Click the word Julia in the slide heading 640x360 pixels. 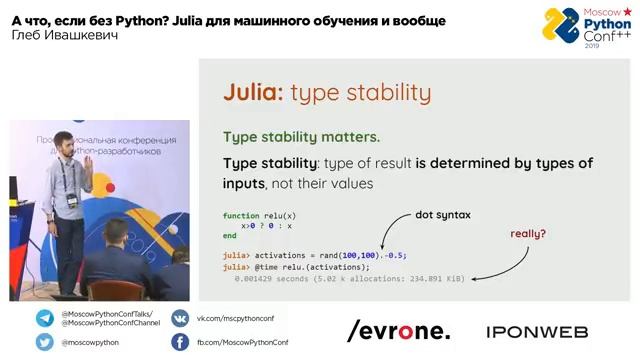click(253, 93)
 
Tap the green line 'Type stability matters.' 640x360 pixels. click(301, 137)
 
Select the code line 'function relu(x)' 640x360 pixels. click(259, 216)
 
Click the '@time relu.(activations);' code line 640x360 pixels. click(297, 267)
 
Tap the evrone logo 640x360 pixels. click(398, 331)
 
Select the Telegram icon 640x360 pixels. click(45, 318)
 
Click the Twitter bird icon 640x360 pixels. click(45, 342)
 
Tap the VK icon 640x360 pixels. click(180, 318)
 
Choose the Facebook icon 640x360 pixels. click(180, 342)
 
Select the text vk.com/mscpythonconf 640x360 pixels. click(235, 318)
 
